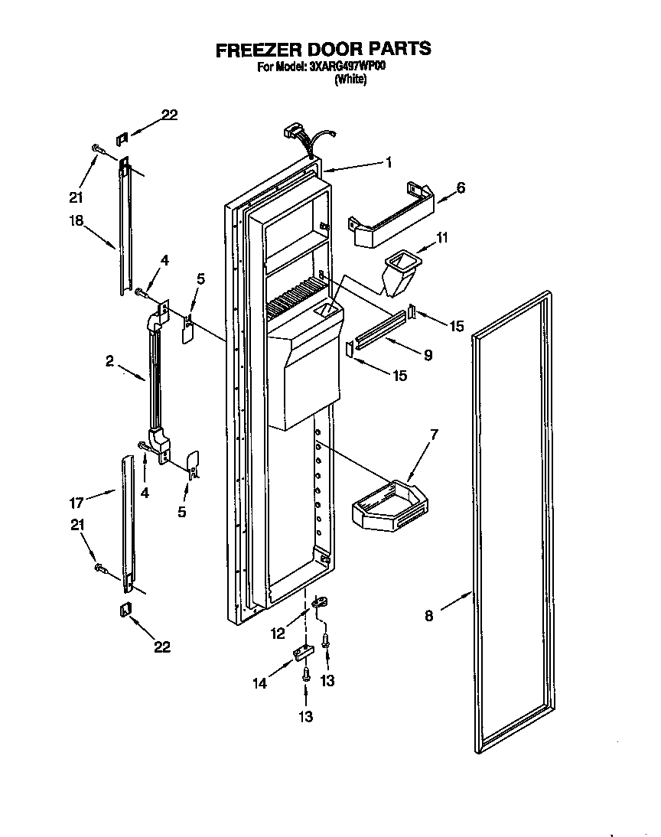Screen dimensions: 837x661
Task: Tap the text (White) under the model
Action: [x=351, y=80]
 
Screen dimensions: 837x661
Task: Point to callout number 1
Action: [x=389, y=161]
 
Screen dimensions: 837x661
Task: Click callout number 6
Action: [x=461, y=187]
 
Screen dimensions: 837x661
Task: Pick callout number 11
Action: [x=441, y=239]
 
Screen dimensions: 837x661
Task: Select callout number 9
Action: [x=428, y=355]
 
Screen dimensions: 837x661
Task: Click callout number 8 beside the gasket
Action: [x=428, y=616]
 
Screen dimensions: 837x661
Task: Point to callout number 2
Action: [x=111, y=360]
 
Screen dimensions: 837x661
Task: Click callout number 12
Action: [x=277, y=633]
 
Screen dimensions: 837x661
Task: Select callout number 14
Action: [x=261, y=683]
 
